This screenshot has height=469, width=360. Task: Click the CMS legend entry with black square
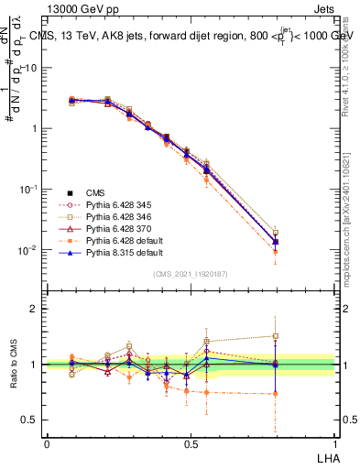97,193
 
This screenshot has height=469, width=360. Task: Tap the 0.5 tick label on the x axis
191,443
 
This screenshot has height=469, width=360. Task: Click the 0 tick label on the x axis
47,443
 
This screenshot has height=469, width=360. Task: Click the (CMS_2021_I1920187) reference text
190,274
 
